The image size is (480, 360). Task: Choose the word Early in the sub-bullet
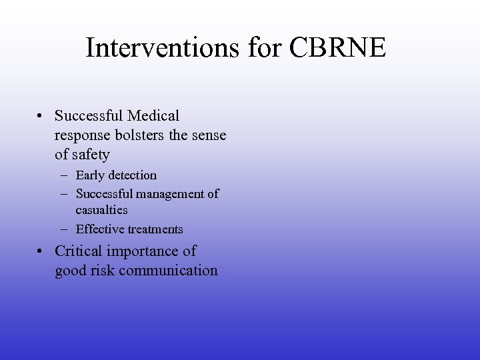pyautogui.click(x=90, y=175)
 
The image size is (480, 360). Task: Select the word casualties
pyautogui.click(x=101, y=209)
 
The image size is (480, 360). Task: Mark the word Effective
pyautogui.click(x=100, y=229)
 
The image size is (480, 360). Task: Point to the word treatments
pyautogui.click(x=155, y=229)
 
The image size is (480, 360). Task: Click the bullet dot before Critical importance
pyautogui.click(x=41, y=252)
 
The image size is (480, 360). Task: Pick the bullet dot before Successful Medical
pyautogui.click(x=41, y=117)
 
